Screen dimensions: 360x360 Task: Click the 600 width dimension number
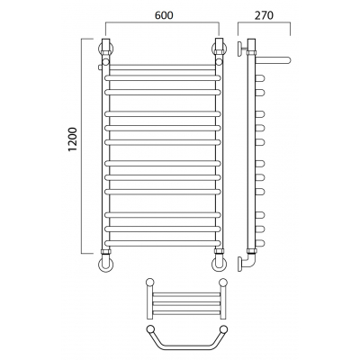(164, 15)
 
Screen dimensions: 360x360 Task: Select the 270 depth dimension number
(264, 15)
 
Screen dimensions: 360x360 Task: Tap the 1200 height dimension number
(73, 139)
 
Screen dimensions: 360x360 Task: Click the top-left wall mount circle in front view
(106, 49)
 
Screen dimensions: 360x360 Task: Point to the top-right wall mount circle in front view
(220, 49)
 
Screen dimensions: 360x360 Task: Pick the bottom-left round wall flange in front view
(106, 264)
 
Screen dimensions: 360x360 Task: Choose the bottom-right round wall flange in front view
(220, 264)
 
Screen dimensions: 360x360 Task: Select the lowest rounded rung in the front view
(163, 243)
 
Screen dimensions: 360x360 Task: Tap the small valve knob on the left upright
(100, 67)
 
